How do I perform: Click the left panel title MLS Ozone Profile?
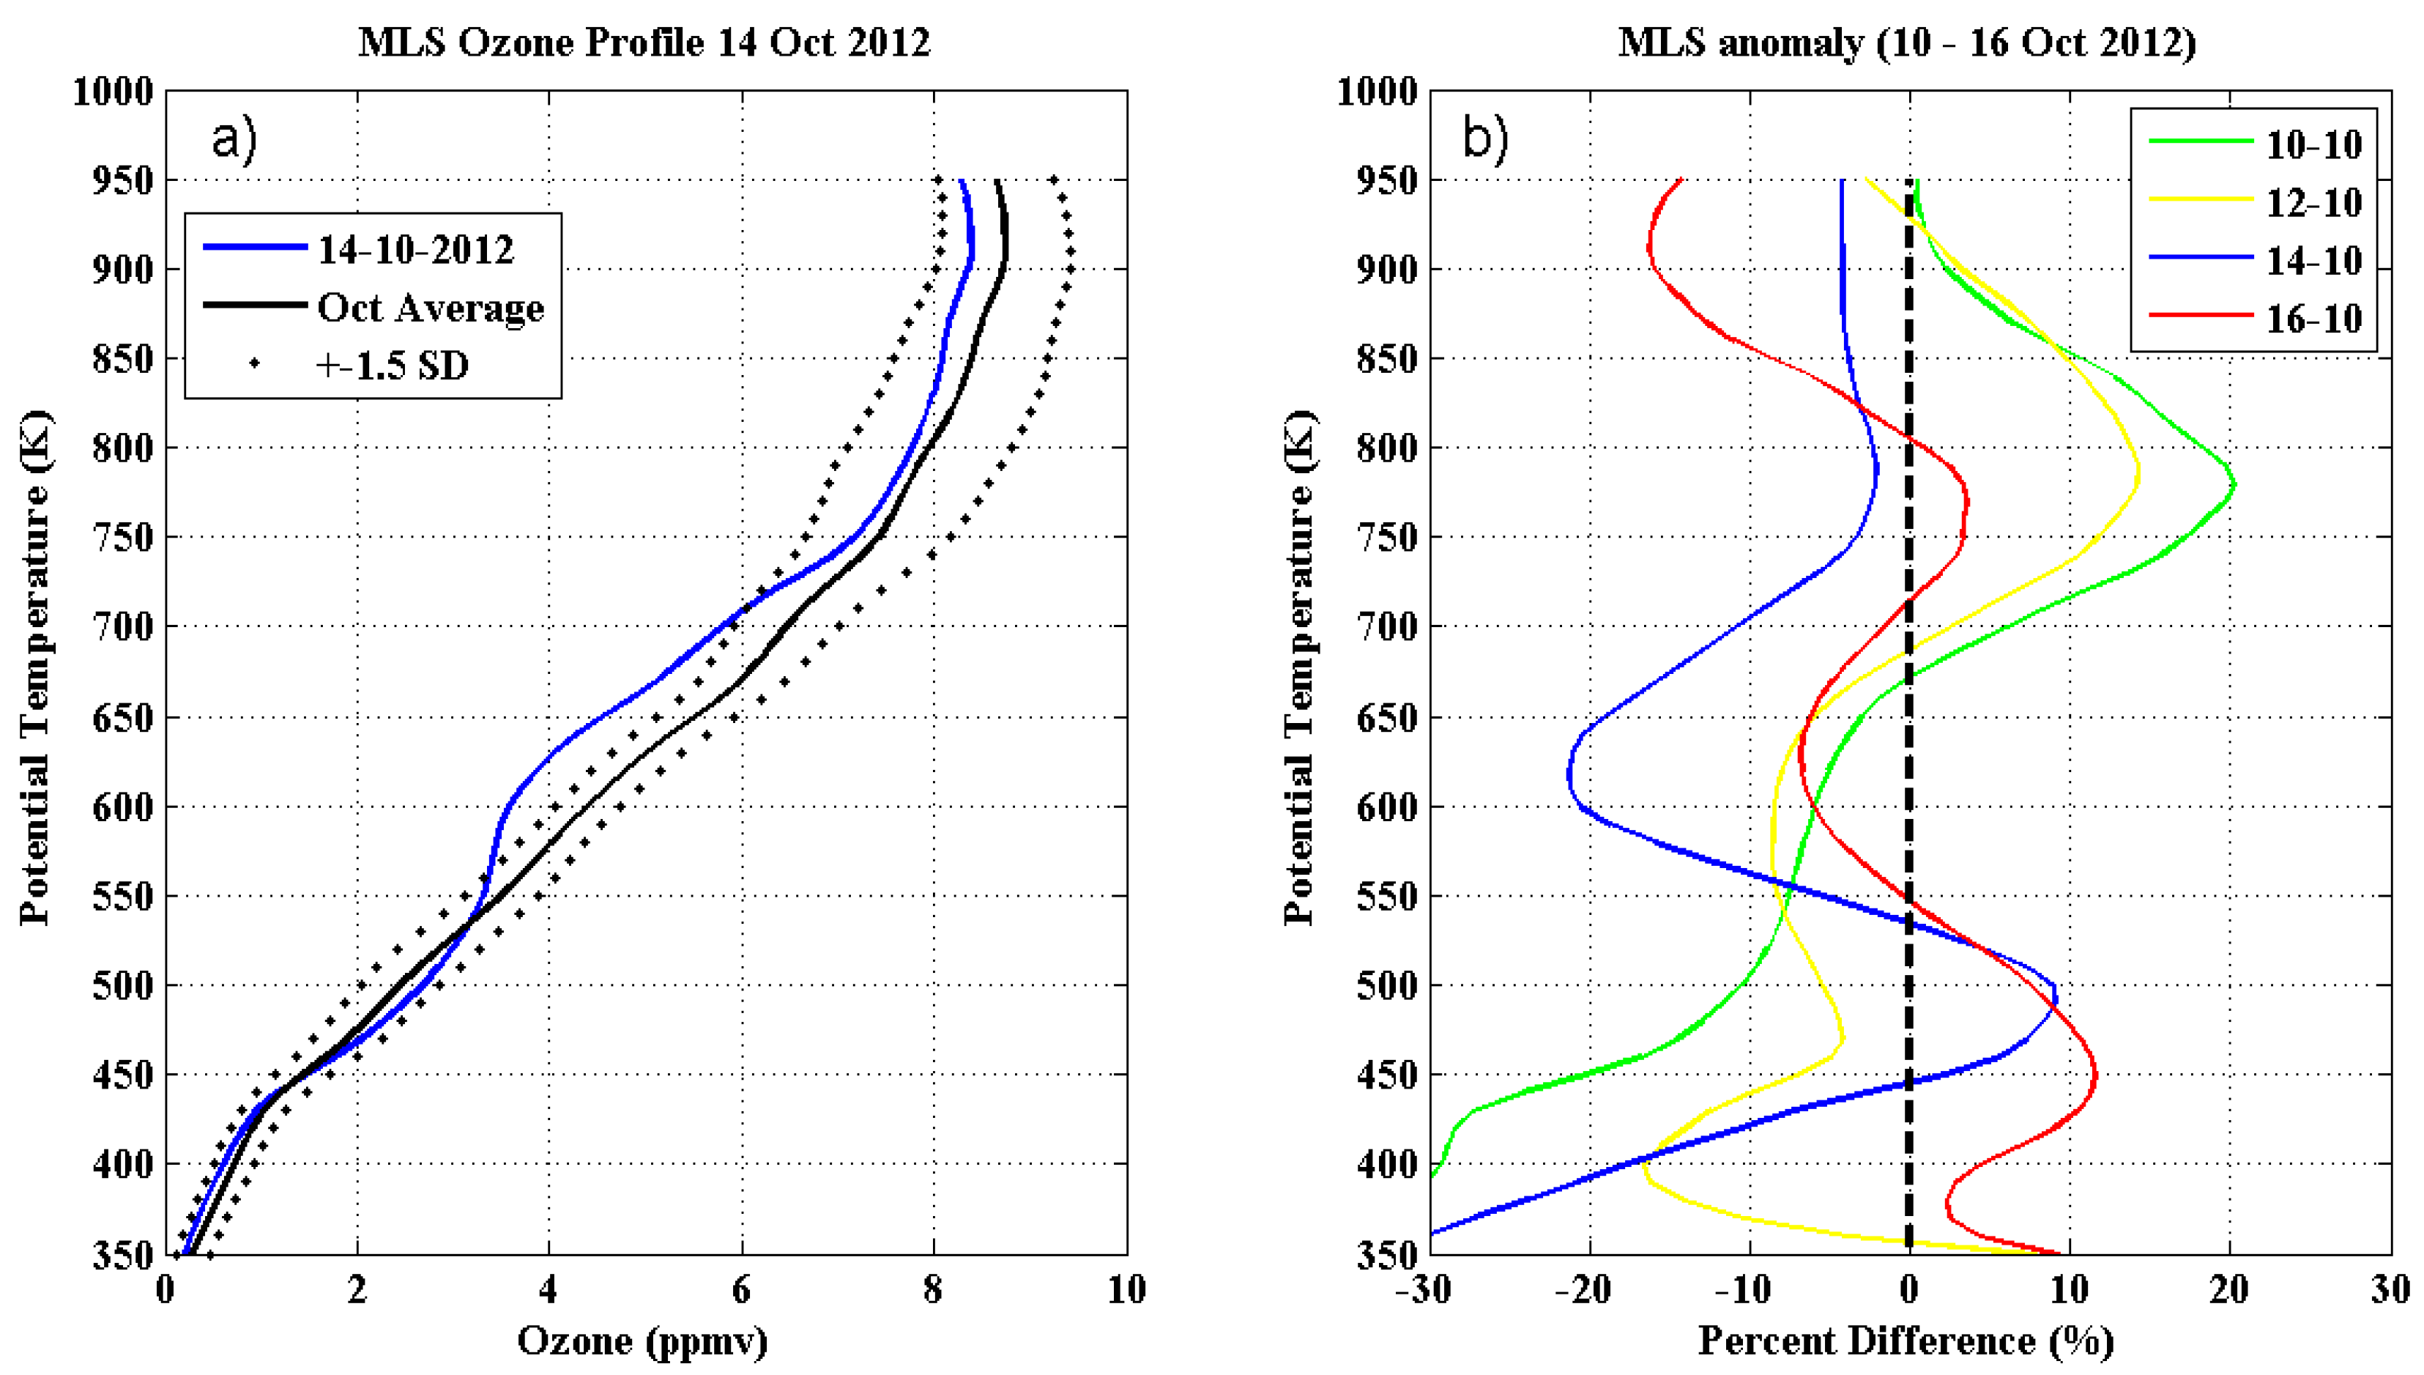(644, 42)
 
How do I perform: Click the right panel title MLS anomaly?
(1907, 42)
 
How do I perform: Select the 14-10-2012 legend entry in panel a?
(415, 249)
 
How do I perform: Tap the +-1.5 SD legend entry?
(392, 366)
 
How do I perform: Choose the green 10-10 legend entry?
(2313, 144)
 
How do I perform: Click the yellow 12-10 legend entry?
(2313, 203)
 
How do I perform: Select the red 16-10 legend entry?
(2313, 319)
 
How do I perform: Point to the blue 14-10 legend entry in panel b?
(2313, 261)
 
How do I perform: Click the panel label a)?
(233, 140)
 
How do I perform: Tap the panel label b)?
(1485, 140)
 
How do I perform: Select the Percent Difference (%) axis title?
(1906, 1341)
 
